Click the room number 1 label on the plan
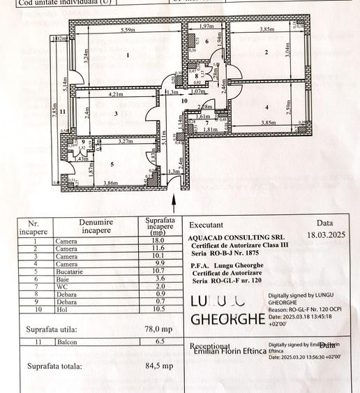tap(128, 54)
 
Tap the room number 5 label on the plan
tap(112, 165)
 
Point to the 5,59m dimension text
tap(128, 30)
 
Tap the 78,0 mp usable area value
tap(157, 328)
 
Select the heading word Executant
tap(207, 225)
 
